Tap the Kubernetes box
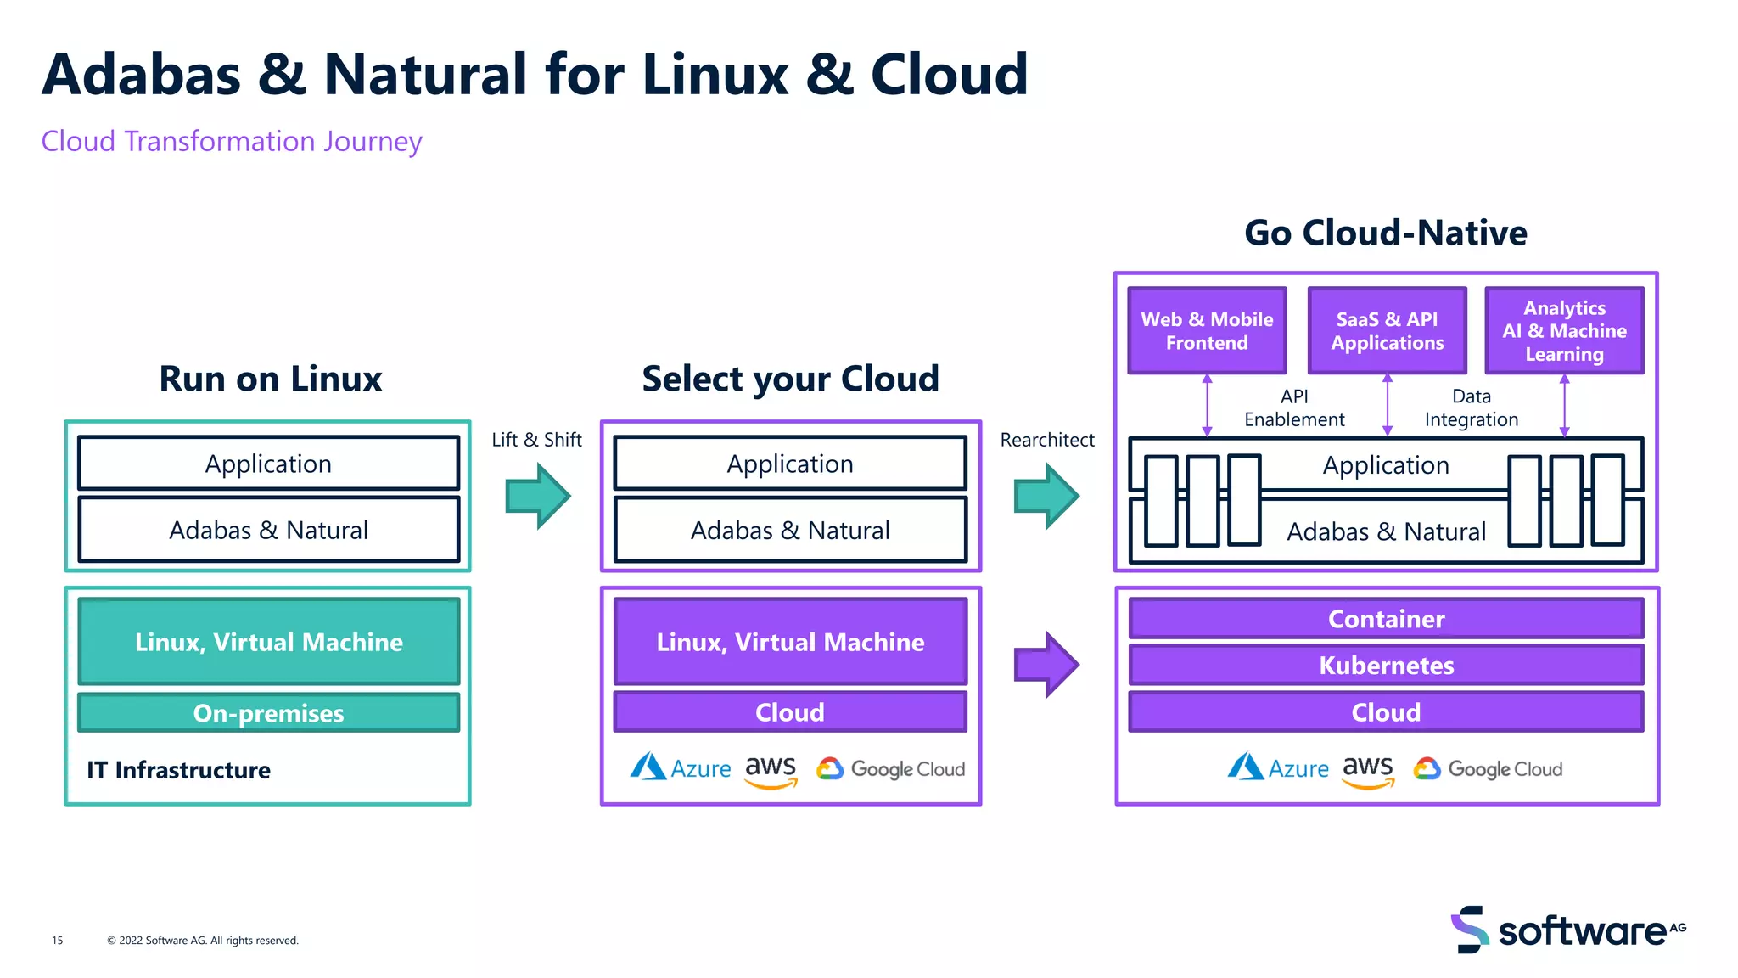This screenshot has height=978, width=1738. pyautogui.click(x=1386, y=665)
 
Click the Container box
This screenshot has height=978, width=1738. pyautogui.click(x=1386, y=619)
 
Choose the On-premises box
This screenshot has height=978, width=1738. pyautogui.click(x=268, y=712)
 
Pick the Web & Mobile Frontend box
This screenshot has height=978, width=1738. pyautogui.click(x=1207, y=331)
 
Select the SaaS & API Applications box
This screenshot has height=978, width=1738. pyautogui.click(x=1387, y=331)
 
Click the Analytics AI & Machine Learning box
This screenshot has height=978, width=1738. pyautogui.click(x=1564, y=331)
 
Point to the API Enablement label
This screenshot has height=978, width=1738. pyautogui.click(x=1294, y=408)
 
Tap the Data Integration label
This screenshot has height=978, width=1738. pyautogui.click(x=1471, y=408)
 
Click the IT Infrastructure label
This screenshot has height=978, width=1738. pyautogui.click(x=178, y=770)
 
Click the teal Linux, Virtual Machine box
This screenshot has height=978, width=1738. pyautogui.click(x=268, y=642)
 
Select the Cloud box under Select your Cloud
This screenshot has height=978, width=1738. pyautogui.click(x=790, y=712)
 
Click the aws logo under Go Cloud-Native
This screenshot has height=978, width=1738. pyautogui.click(x=1367, y=770)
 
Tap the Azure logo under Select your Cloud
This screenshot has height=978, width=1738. pyautogui.click(x=680, y=768)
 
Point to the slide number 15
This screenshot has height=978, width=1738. pyautogui.click(x=57, y=940)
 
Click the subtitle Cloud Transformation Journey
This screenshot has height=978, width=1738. pyautogui.click(x=232, y=141)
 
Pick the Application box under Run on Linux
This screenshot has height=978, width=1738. pyautogui.click(x=268, y=464)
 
